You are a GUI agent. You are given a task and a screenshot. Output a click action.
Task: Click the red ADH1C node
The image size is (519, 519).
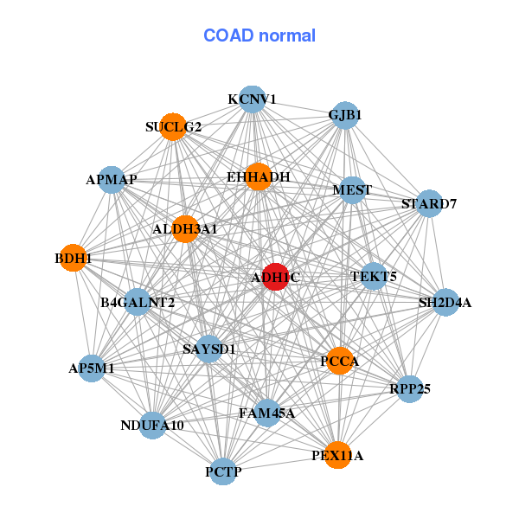click(275, 277)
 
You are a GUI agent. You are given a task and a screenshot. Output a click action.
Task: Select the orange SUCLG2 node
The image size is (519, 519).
click(174, 126)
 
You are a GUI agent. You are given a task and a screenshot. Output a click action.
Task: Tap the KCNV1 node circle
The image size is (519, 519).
click(252, 99)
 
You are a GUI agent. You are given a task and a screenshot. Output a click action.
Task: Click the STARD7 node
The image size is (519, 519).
click(429, 204)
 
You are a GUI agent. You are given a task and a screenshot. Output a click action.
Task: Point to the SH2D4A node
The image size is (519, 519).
click(445, 303)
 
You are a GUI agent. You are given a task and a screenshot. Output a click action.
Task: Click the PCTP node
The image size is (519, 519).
click(223, 471)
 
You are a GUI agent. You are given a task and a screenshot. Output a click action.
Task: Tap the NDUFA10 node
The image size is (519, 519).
click(152, 425)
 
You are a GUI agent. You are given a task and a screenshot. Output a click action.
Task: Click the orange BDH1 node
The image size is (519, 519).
click(74, 258)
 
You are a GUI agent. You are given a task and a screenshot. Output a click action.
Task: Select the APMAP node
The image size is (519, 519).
click(112, 180)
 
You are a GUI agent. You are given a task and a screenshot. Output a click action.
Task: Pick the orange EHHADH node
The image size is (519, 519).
click(258, 176)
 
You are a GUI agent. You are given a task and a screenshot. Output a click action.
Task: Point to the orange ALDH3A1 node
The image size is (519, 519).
click(185, 229)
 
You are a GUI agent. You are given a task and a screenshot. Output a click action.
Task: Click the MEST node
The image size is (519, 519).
click(352, 190)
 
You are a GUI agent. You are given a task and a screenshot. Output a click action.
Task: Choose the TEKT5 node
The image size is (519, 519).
click(374, 277)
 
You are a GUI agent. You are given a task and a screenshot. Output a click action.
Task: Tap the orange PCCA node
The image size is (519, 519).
click(340, 361)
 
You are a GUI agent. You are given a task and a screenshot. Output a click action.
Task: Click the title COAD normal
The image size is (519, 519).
click(259, 35)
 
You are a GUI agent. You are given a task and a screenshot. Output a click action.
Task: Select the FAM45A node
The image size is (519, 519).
click(266, 413)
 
